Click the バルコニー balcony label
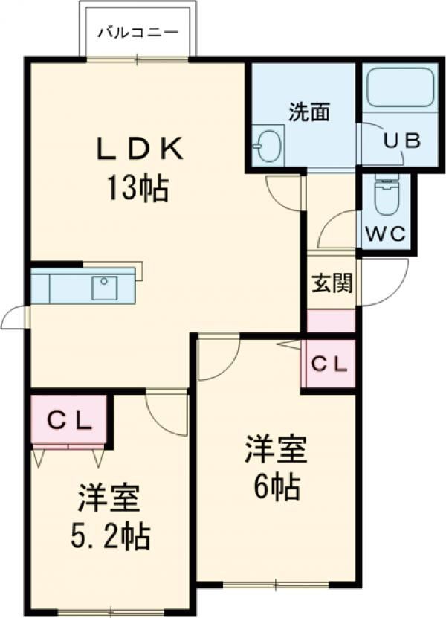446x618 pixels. tap(139, 33)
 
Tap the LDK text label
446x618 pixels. tap(138, 149)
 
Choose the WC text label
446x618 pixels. tap(387, 234)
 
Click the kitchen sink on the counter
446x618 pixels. tap(104, 287)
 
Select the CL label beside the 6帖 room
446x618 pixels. tap(329, 364)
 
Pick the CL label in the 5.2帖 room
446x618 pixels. tap(70, 421)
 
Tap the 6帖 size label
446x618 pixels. tap(276, 488)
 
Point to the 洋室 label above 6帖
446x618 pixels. tap(276, 451)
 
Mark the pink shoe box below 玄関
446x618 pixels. tap(332, 321)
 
